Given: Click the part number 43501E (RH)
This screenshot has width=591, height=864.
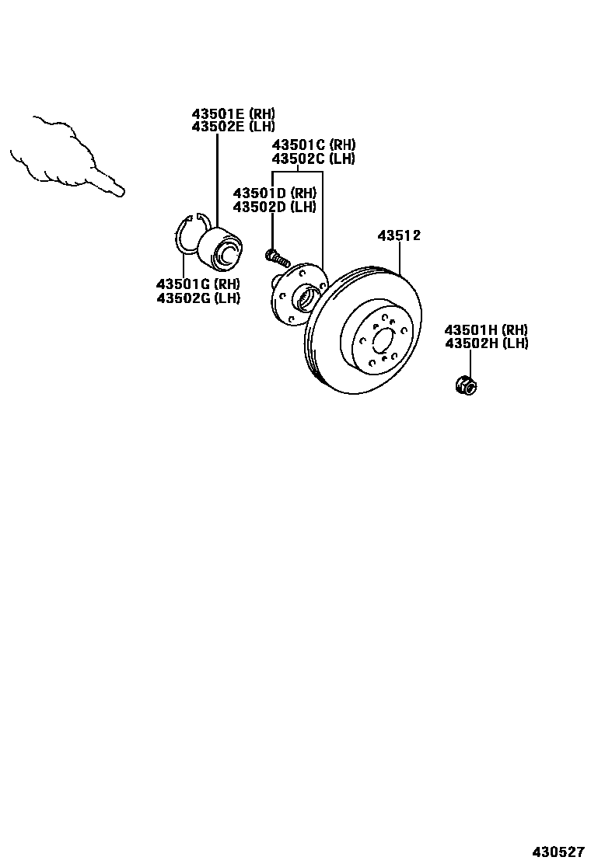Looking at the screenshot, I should click(x=233, y=113).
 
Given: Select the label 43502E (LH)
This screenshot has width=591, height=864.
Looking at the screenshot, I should click(x=233, y=127).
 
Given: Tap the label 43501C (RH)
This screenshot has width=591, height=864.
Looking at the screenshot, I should click(x=313, y=145).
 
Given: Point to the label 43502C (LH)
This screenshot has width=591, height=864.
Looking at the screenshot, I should click(x=313, y=159).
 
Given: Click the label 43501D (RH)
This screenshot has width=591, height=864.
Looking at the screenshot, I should click(x=275, y=193).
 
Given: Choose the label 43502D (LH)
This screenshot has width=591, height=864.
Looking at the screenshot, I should click(x=275, y=207).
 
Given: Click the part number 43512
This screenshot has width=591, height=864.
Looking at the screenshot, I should click(x=399, y=235).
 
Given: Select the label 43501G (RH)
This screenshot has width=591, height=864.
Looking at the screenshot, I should click(x=198, y=284).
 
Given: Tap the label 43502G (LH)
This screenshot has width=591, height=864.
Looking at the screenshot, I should click(x=198, y=298).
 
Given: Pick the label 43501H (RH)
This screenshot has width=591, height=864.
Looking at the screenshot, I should click(x=486, y=330).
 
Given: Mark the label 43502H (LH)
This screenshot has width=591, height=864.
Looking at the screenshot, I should click(x=486, y=343).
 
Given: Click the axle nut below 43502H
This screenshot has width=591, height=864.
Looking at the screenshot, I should click(x=466, y=384).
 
